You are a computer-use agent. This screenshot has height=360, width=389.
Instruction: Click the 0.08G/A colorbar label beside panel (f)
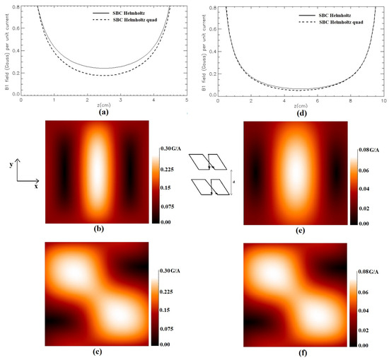[372, 272]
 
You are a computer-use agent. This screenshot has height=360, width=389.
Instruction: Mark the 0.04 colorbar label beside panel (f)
[366, 308]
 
